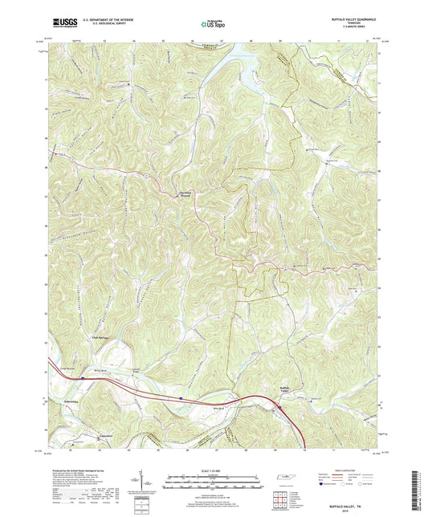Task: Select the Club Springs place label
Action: [x=97, y=339]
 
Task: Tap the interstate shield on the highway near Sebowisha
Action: [x=182, y=397]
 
